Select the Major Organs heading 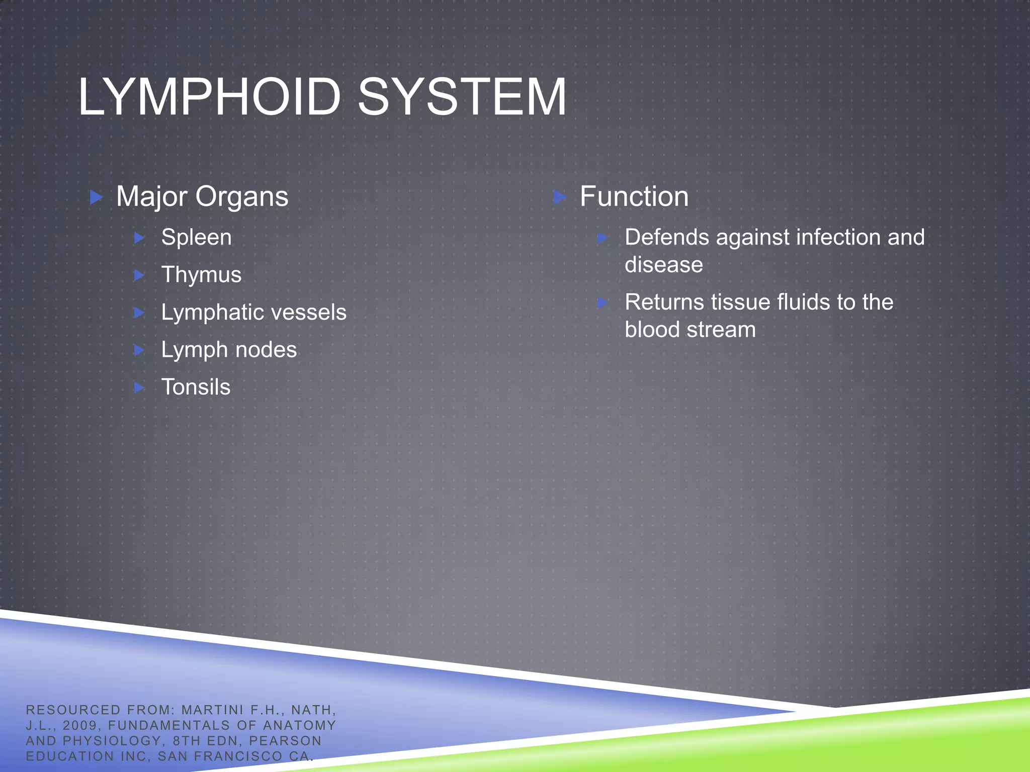click(202, 197)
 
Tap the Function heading click(634, 197)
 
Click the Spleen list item click(196, 237)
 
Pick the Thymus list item click(201, 275)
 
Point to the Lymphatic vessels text click(253, 312)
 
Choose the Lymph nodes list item click(229, 350)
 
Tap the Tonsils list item click(196, 388)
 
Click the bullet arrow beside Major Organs click(96, 197)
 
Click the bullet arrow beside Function click(559, 197)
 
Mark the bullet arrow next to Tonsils click(140, 388)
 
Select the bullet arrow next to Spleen click(140, 238)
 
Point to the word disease click(663, 265)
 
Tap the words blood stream click(690, 330)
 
